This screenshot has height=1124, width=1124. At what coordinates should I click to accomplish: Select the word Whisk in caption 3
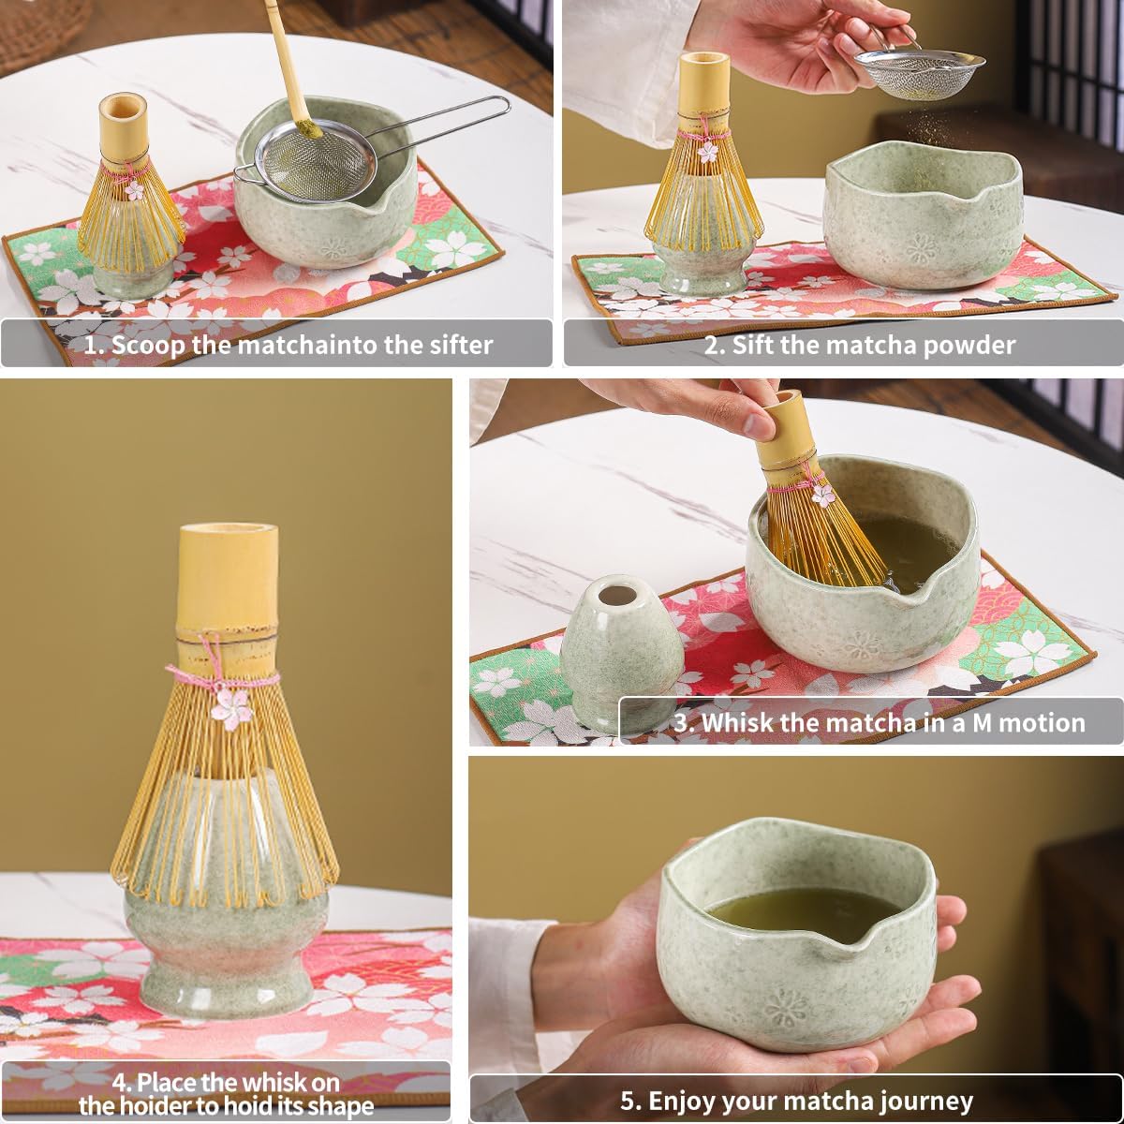coord(735,722)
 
